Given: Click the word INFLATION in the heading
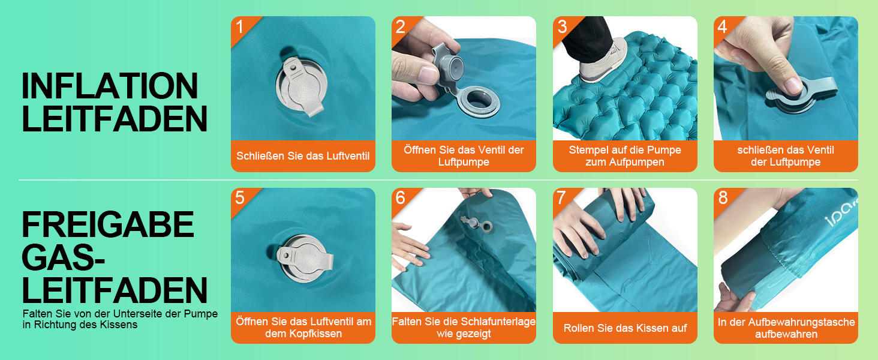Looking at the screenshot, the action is (x=110, y=86).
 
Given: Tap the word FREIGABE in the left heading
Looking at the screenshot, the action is (x=108, y=224).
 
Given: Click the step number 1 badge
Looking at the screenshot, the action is (x=239, y=26).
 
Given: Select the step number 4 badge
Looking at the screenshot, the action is (x=722, y=26).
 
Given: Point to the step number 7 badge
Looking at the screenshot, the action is (x=561, y=197).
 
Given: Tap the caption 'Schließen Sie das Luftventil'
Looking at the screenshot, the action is (x=303, y=156).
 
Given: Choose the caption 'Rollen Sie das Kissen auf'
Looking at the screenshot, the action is (x=625, y=328).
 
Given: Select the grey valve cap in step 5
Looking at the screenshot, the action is (x=302, y=259).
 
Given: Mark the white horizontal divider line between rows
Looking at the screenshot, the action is (x=438, y=180).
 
